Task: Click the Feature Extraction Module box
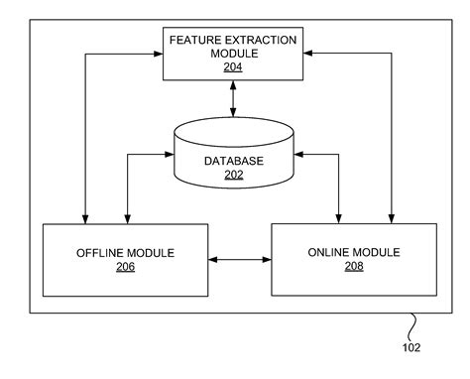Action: (233, 54)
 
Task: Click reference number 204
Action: (233, 67)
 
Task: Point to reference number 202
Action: (233, 176)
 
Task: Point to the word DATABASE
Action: (234, 160)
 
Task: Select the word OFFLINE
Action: (101, 252)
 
